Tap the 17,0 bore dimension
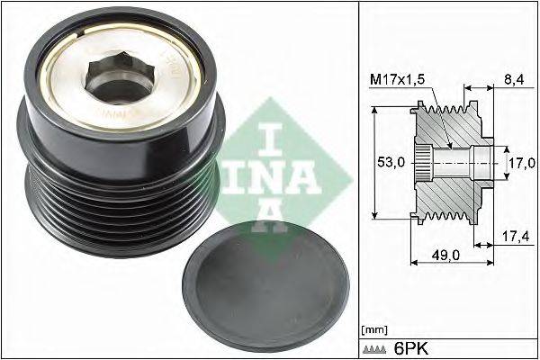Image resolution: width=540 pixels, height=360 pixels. tap(521, 163)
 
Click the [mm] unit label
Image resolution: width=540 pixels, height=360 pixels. tap(373, 330)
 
